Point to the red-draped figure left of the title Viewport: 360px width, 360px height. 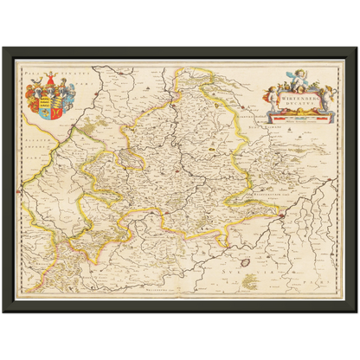pyautogui.click(x=274, y=97)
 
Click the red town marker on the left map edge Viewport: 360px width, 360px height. pyautogui.click(x=19, y=188)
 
